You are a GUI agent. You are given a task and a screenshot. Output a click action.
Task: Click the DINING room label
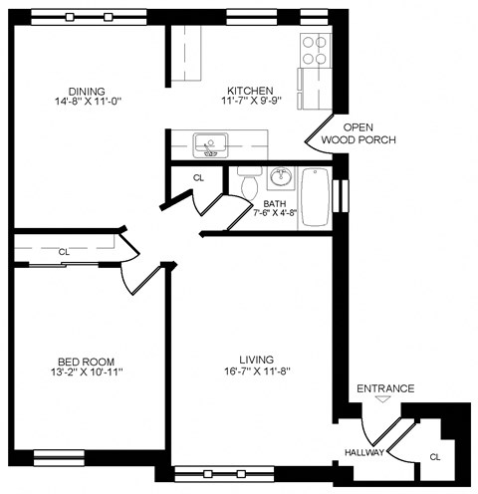click(x=89, y=91)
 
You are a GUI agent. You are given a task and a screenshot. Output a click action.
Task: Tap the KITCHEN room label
click(x=249, y=90)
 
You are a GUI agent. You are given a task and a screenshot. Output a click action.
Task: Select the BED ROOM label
click(x=85, y=361)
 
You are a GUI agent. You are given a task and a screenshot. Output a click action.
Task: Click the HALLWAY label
click(x=364, y=452)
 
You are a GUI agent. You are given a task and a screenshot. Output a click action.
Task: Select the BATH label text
click(x=274, y=203)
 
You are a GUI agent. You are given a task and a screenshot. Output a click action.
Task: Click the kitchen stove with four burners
click(x=315, y=49)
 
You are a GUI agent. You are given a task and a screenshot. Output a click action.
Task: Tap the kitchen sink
click(x=210, y=145)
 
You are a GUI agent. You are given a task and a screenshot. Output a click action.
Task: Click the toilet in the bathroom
click(x=249, y=184)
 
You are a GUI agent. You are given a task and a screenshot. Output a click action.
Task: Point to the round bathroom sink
click(x=281, y=179)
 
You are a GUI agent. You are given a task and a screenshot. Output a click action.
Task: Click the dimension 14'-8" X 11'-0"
click(x=89, y=102)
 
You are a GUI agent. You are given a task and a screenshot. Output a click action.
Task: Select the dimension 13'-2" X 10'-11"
click(x=85, y=372)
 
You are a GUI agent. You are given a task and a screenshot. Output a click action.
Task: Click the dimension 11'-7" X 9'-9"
click(x=249, y=102)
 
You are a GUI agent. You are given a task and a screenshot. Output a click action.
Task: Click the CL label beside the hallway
click(x=434, y=457)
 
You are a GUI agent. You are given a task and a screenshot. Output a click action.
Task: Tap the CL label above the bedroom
click(x=64, y=252)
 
